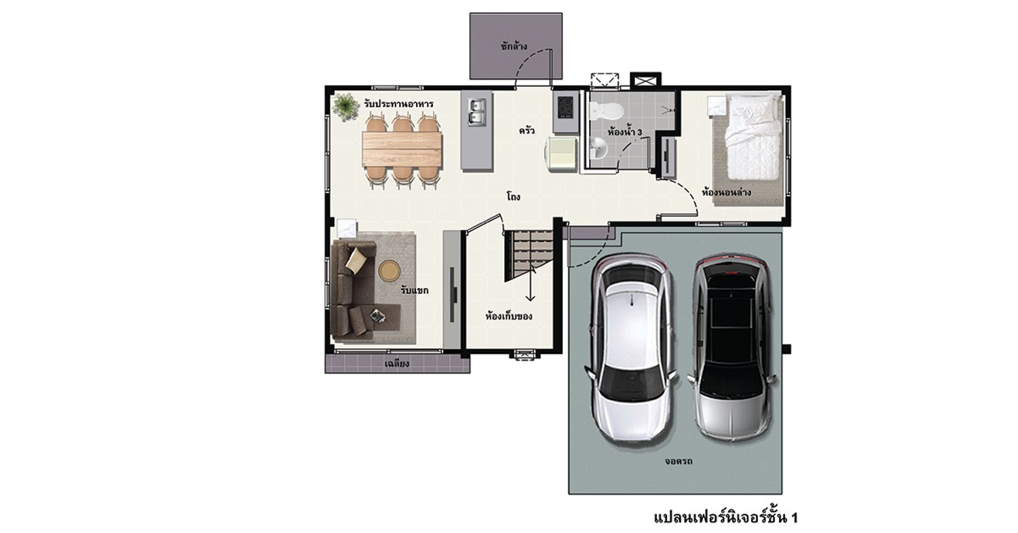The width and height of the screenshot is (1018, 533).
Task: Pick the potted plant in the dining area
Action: [346, 107]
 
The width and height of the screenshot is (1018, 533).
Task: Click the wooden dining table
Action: [402, 149]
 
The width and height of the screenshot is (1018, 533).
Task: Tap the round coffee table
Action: [390, 271]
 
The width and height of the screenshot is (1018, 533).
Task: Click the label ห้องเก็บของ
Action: [508, 316]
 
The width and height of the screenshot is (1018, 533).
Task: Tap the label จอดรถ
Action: [678, 461]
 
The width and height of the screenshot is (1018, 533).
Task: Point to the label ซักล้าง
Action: [514, 46]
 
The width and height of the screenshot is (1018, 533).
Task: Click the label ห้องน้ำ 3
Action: [624, 132]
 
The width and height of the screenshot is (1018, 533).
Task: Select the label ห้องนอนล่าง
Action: [725, 192]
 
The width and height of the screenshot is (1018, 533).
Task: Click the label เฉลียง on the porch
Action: [397, 363]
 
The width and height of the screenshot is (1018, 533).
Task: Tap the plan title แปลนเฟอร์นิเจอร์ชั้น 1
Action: [725, 517]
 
